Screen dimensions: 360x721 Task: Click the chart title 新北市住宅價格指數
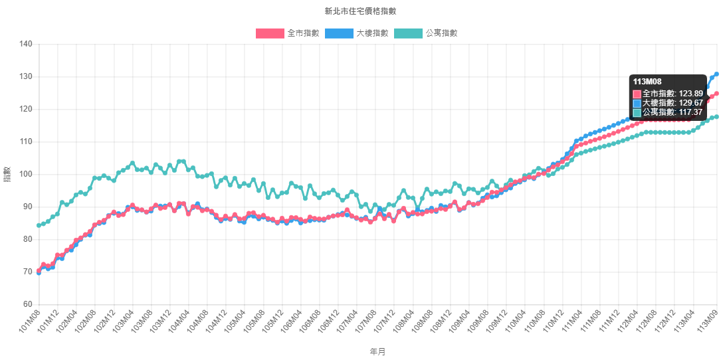pyautogui.click(x=360, y=11)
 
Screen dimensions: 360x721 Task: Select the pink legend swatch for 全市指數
pyautogui.click(x=269, y=33)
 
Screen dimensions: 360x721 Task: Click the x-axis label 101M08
pyautogui.click(x=30, y=320)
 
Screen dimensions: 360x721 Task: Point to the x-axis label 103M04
pyautogui.click(x=124, y=320)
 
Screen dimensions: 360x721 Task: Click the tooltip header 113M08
pyautogui.click(x=647, y=82)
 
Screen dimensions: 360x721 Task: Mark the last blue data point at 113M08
pyautogui.click(x=716, y=74)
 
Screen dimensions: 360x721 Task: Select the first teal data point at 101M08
pyautogui.click(x=39, y=225)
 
